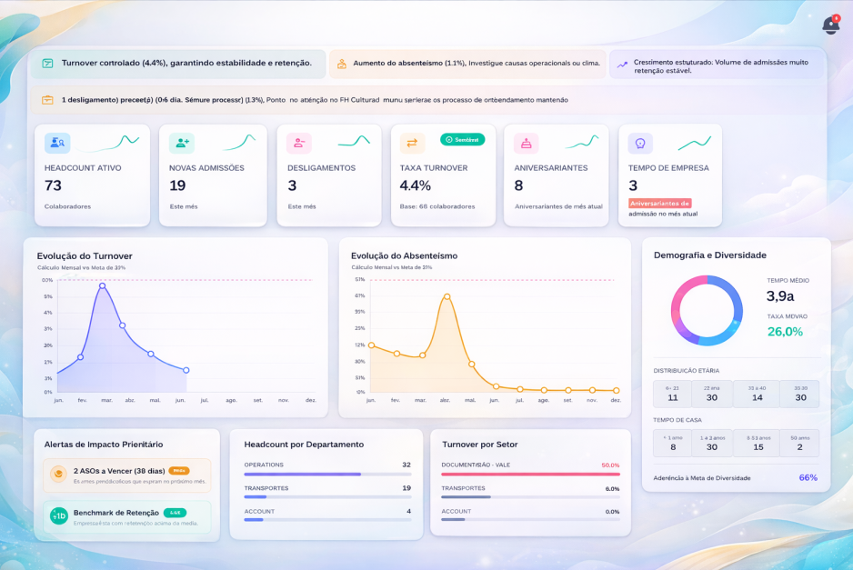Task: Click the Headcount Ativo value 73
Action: coord(53,185)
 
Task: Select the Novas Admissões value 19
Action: coord(177,185)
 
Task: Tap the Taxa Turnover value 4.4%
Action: coord(415,185)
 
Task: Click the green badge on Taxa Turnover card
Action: coord(462,139)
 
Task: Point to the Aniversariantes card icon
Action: coord(526,143)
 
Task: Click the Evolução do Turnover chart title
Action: coord(85,255)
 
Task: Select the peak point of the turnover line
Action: coord(102,285)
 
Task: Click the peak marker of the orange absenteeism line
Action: coord(447,296)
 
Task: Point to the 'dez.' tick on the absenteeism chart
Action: coord(616,400)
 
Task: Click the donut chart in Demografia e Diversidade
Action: coord(707,310)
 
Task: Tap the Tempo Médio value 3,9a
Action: coord(779,296)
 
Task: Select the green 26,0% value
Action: coord(785,332)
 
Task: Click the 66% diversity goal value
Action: coord(808,477)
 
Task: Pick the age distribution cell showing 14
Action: coord(757,397)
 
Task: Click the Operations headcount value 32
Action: coord(406,465)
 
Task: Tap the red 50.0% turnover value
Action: coord(610,465)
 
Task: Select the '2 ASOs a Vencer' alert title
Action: coord(118,471)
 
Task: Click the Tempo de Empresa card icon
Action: coord(640,143)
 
